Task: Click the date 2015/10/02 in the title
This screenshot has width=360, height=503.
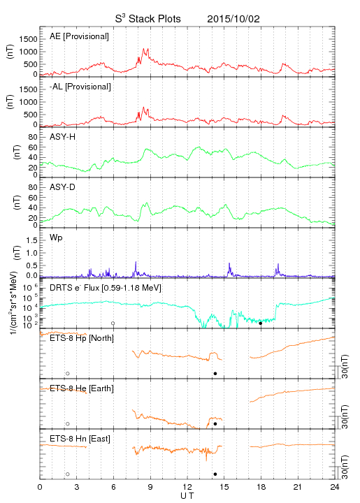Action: (x=233, y=19)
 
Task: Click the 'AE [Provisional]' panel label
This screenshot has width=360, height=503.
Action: (x=79, y=36)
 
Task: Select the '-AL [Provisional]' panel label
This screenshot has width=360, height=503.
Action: (x=80, y=87)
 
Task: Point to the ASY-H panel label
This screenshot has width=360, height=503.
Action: (x=63, y=137)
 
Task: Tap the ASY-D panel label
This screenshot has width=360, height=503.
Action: (x=63, y=187)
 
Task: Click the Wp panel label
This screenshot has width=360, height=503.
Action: (x=56, y=238)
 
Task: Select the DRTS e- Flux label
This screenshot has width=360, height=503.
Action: (x=106, y=288)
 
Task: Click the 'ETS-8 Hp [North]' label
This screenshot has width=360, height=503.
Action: (x=82, y=338)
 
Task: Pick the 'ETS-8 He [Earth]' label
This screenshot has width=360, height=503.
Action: (x=82, y=388)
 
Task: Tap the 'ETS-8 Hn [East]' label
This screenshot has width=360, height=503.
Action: (x=80, y=439)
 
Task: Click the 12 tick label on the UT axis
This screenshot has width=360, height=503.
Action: (x=187, y=487)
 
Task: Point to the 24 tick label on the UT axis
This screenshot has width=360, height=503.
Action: (x=335, y=487)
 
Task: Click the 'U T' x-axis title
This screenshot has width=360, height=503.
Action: (x=187, y=496)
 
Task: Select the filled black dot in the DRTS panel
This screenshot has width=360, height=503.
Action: (x=261, y=323)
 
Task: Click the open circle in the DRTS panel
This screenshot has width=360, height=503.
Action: (x=113, y=323)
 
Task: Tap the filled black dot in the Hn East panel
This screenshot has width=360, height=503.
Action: (x=215, y=474)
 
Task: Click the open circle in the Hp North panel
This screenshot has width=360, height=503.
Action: (x=68, y=374)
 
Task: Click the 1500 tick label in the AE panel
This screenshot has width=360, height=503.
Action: (x=28, y=39)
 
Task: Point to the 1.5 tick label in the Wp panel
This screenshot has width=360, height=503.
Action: (x=31, y=240)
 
